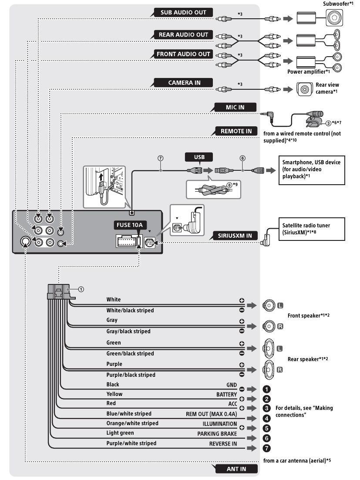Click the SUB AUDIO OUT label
[x=184, y=13]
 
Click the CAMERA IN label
[x=184, y=82]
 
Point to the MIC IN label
[x=236, y=107]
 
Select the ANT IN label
[x=236, y=469]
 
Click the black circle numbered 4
[x=267, y=418]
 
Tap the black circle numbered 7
[x=267, y=448]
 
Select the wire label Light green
[x=121, y=433]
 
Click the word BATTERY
[x=226, y=394]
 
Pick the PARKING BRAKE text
[x=216, y=434]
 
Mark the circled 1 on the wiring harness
[x=80, y=288]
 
